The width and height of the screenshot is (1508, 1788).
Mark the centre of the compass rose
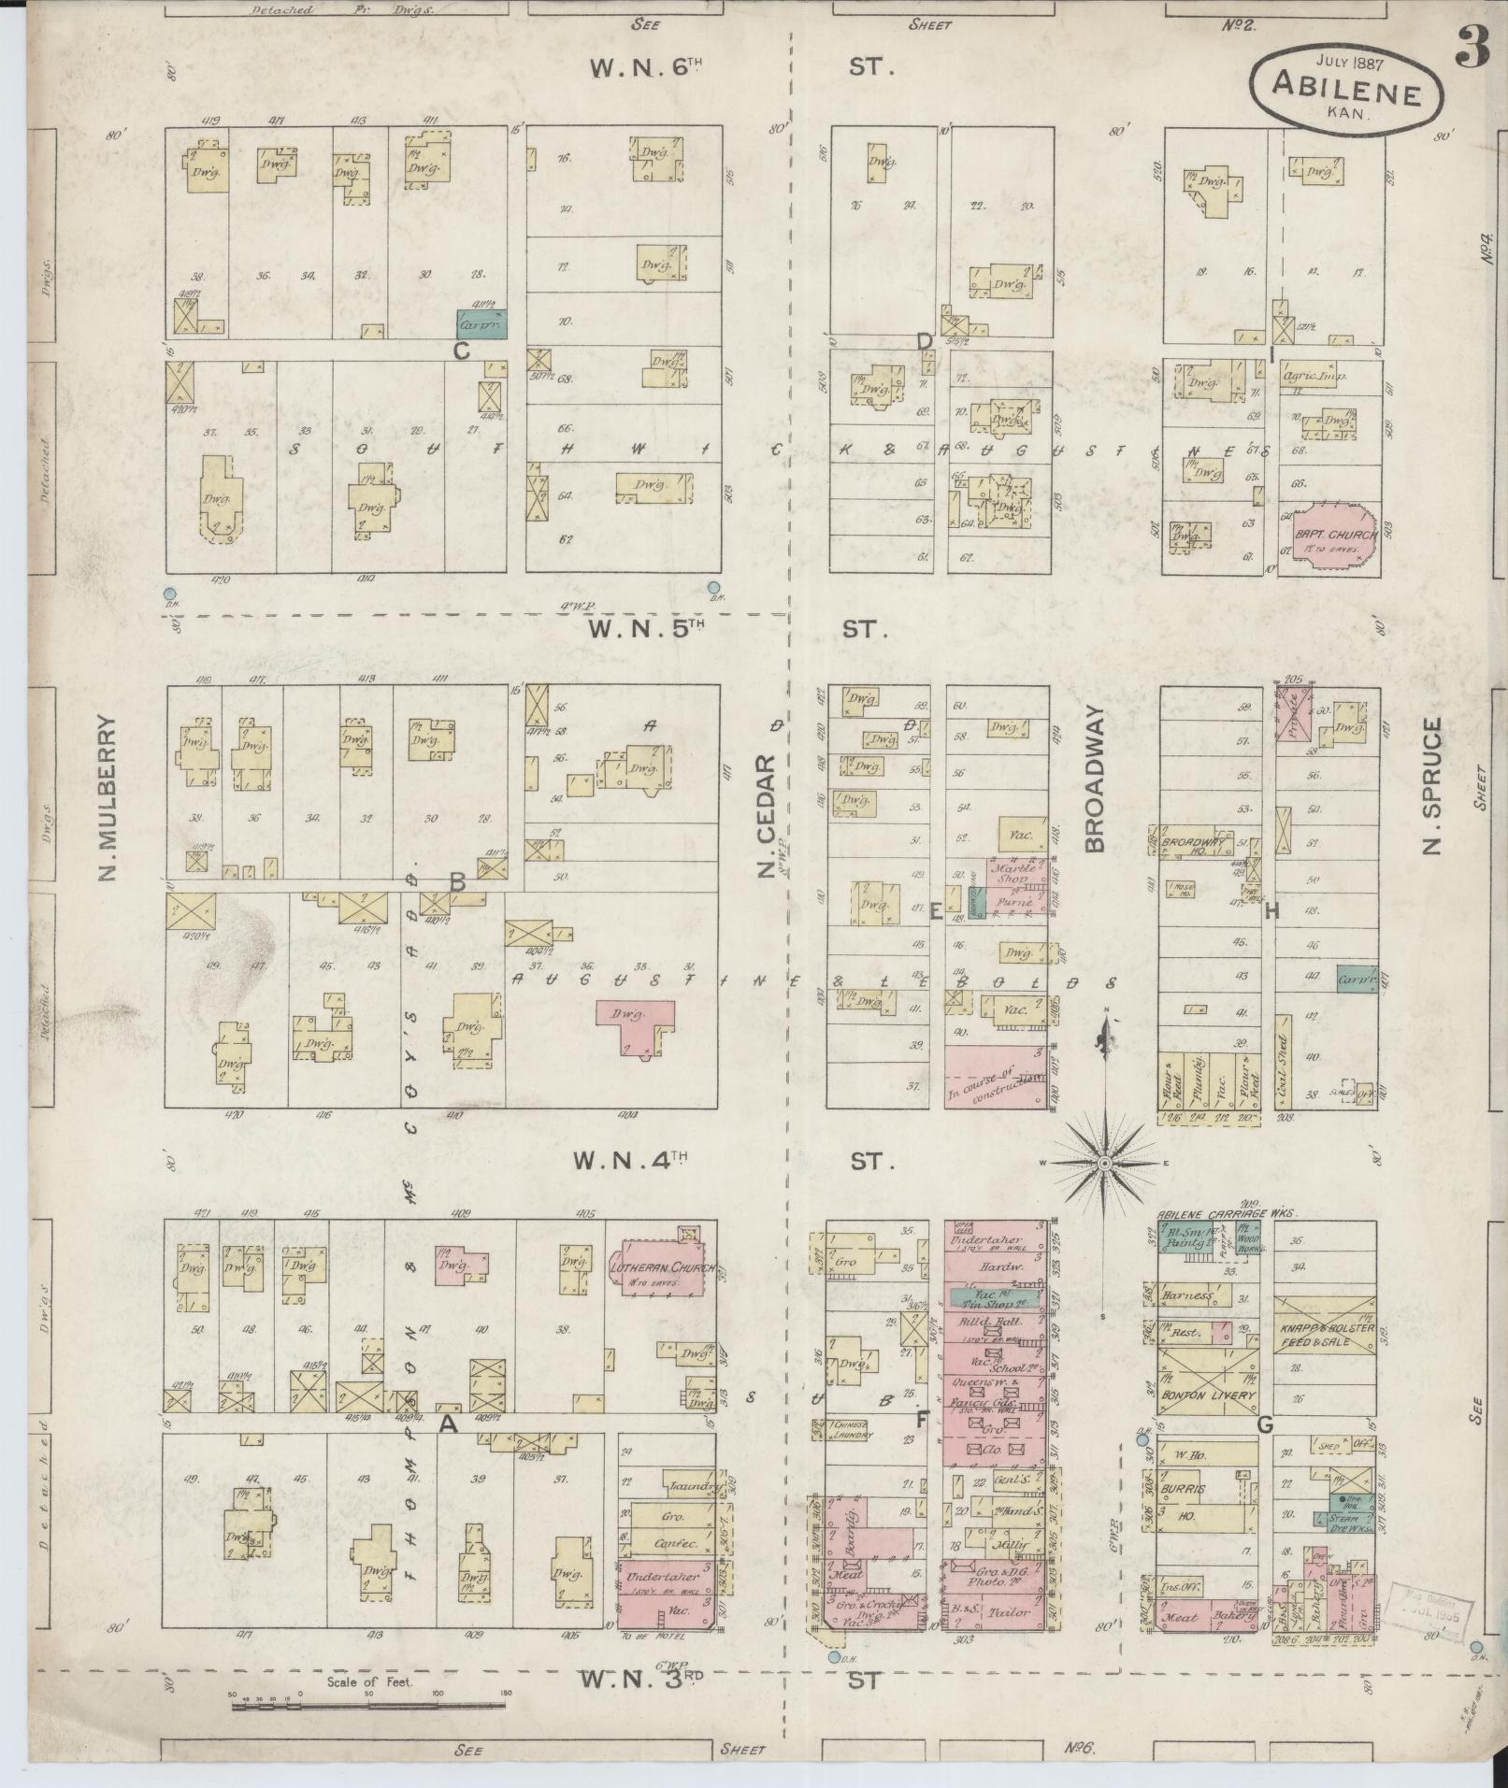pyautogui.click(x=1104, y=1163)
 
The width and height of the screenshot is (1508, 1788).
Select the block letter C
pyautogui.click(x=460, y=351)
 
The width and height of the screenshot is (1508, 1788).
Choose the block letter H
pyautogui.click(x=1271, y=912)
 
